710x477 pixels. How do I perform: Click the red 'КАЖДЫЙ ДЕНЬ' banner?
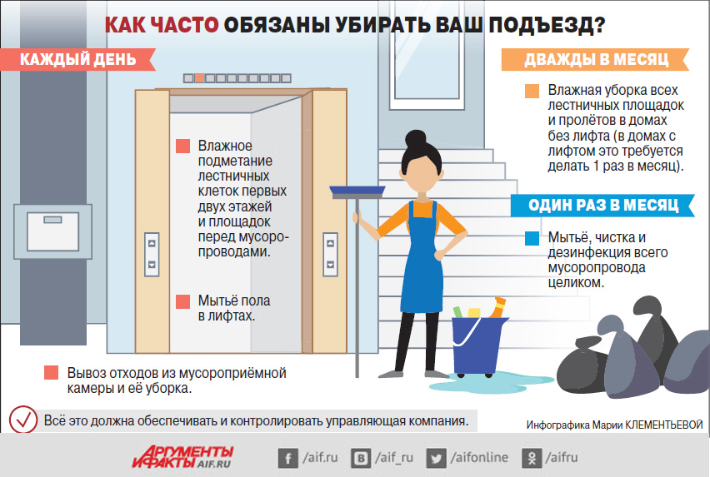pos(77,59)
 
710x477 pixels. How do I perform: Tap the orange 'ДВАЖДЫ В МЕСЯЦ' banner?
pos(595,59)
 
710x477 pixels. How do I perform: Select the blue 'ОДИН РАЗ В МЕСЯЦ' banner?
pos(602,206)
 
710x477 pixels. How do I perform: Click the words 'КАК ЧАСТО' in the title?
pos(162,25)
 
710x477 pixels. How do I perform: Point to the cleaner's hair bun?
pos(415,139)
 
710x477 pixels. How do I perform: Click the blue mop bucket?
pos(477,346)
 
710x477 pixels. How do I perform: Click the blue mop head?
pos(357,192)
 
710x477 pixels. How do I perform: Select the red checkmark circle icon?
pos(23,420)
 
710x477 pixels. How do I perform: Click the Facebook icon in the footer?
pos(288,459)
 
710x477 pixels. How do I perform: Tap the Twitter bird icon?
pos(436,459)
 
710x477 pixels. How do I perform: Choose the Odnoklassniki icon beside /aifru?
pos(532,459)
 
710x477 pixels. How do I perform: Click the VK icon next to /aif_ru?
pos(361,459)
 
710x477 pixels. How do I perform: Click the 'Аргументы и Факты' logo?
pos(183,457)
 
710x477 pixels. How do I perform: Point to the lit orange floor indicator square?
pos(199,78)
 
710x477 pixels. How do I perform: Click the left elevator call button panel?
pos(152,254)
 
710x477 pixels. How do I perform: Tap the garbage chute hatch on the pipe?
pos(53,231)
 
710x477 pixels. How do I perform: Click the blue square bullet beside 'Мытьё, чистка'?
pos(532,238)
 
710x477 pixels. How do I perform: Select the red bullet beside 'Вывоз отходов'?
pos(51,373)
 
